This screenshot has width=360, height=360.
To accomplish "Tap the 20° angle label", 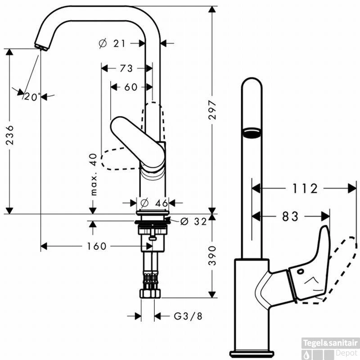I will tap(32, 96).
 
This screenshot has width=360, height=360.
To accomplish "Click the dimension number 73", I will tap(126, 68).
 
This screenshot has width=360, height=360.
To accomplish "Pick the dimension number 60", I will tap(130, 87).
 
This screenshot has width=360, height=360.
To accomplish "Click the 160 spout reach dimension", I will tap(97, 246).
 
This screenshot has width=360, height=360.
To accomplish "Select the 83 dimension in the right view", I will tap(290, 216).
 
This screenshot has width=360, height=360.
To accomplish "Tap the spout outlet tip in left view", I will tap(40, 46).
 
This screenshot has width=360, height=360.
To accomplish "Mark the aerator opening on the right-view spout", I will tap(252, 132).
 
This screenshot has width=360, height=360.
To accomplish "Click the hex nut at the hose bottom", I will tap(150, 293).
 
